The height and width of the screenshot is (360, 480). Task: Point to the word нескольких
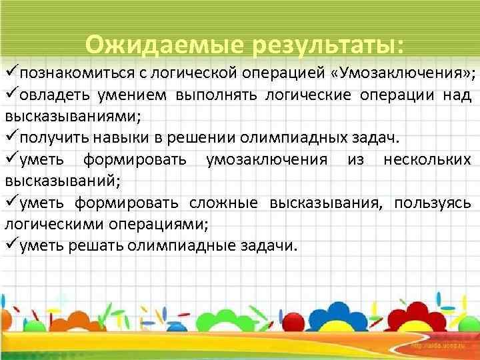click(x=427, y=159)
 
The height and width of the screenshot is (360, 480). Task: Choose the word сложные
click(x=226, y=203)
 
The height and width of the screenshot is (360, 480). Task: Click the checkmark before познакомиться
click(x=10, y=73)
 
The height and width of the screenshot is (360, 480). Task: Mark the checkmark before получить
click(x=10, y=138)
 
